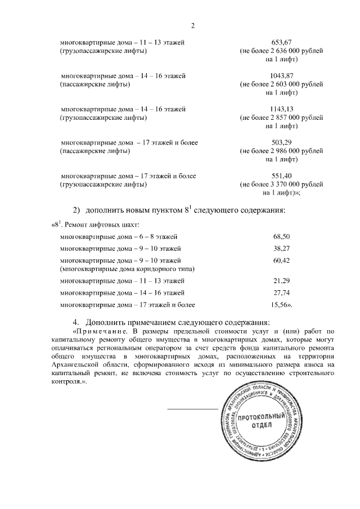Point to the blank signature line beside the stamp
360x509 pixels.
click(192, 408)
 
